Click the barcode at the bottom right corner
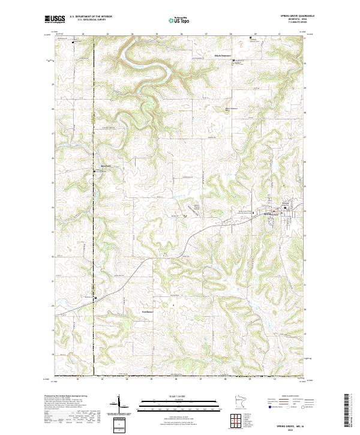coord(350,412)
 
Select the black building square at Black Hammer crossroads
coord(251,38)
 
